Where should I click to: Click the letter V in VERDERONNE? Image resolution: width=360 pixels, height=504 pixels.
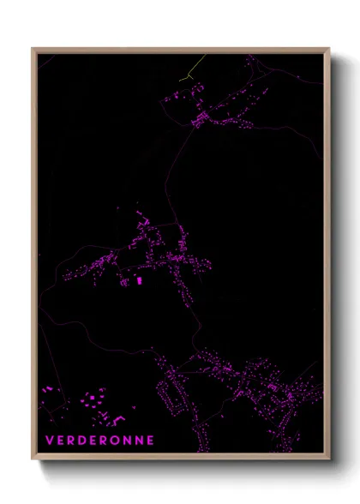[x=48, y=440]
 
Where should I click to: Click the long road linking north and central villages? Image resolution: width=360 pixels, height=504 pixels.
[x=177, y=171]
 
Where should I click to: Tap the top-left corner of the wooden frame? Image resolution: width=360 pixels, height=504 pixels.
[x=33, y=49]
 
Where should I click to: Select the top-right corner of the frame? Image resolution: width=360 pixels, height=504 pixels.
[x=329, y=49]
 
